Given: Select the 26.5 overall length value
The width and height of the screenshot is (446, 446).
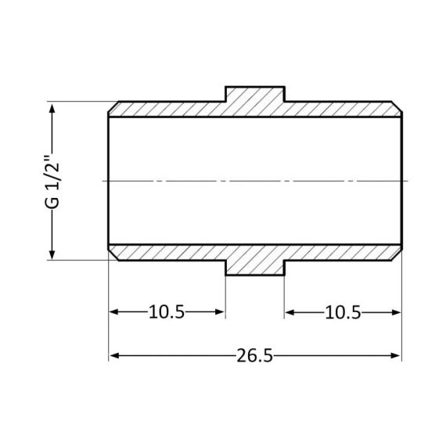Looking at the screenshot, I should (x=254, y=356).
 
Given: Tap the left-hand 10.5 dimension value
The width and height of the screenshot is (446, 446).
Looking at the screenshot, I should (x=166, y=313).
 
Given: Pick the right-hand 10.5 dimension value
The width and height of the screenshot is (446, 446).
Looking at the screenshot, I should (x=342, y=313).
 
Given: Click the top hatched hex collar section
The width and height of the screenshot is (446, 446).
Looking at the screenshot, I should (x=254, y=98).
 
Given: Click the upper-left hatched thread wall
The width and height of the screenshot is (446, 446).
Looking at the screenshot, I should (x=168, y=109).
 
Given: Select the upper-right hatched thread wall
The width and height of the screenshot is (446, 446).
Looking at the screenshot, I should (x=341, y=109).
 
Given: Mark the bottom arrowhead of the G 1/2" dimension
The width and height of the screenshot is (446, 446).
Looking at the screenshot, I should (x=53, y=254).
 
